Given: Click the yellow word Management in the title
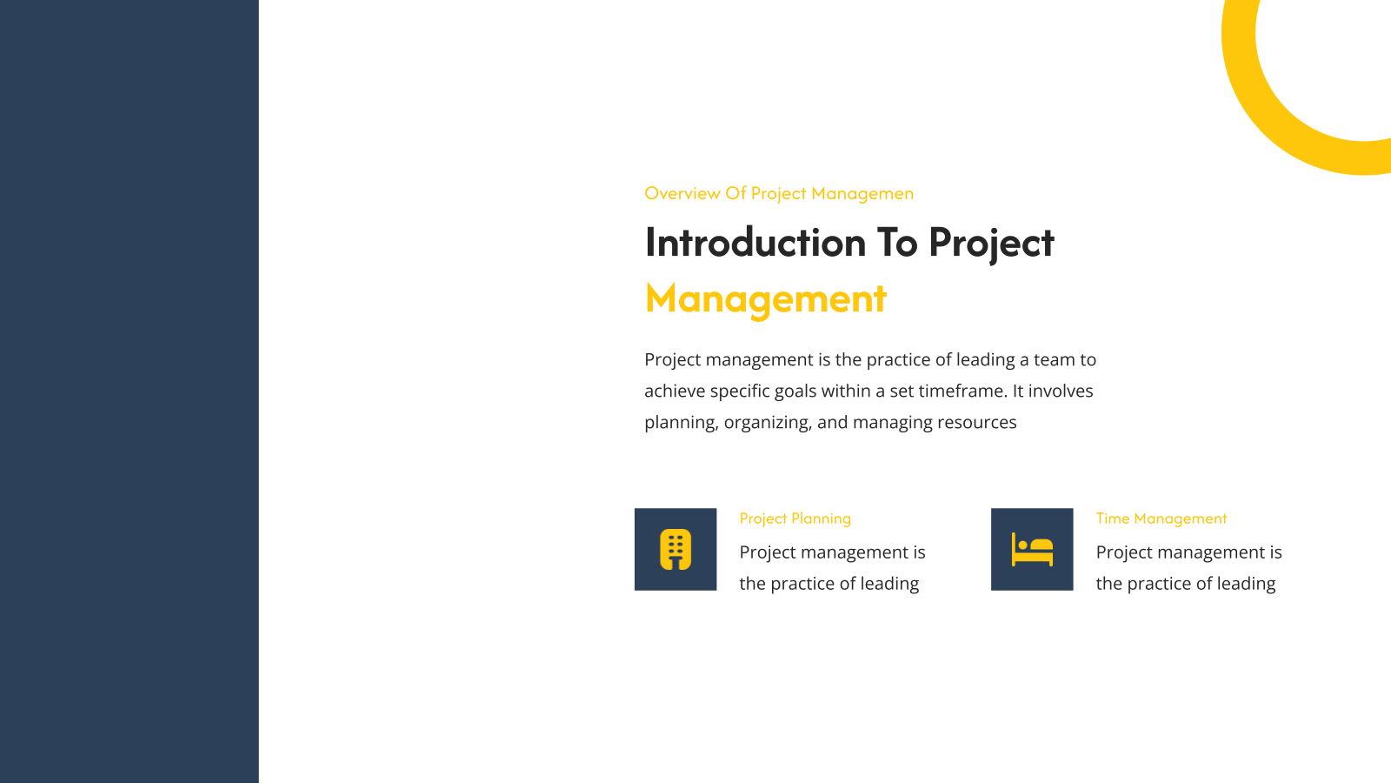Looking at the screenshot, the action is [x=766, y=299].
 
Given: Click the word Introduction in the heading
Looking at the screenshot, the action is [x=755, y=243].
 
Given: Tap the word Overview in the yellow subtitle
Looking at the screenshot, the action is [x=682, y=193].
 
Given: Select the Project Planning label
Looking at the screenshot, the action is [x=795, y=519].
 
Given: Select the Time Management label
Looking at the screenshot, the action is [x=1161, y=519].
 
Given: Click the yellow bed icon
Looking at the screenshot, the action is [x=1032, y=549].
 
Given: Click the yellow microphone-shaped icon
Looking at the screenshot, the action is [x=676, y=549].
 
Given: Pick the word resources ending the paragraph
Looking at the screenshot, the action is [x=977, y=423].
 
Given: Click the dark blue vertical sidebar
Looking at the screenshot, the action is [x=130, y=391].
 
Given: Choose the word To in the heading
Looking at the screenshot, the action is [x=897, y=243].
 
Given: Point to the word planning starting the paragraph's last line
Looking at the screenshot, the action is [x=682, y=423].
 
